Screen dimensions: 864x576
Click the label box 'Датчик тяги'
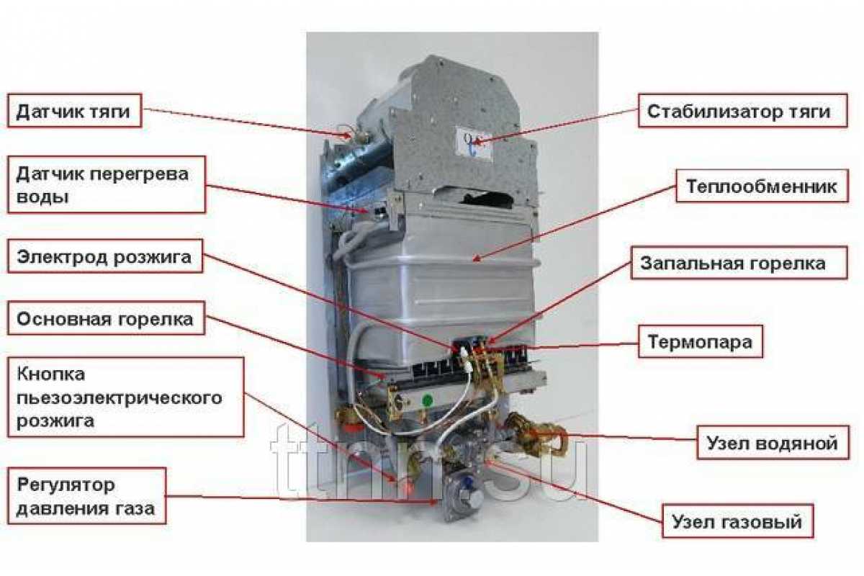[74, 110]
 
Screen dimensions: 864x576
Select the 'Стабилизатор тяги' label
[743, 110]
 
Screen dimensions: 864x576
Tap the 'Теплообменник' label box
[762, 186]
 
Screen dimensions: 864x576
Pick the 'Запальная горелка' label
[739, 263]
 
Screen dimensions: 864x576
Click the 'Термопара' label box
[701, 341]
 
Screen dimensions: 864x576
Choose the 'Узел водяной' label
[773, 443]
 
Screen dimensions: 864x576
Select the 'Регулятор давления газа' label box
[87, 496]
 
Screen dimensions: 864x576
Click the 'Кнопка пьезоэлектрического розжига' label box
[126, 397]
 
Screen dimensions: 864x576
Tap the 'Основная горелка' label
[106, 318]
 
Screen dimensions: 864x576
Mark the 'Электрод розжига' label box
[105, 256]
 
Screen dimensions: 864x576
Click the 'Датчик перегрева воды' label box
[107, 184]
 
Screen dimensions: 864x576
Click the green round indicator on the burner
[427, 400]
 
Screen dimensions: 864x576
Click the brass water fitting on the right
[538, 433]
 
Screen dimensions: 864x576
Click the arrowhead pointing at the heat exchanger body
[477, 259]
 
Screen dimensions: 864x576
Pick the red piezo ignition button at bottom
[407, 487]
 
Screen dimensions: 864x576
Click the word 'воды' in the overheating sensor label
[42, 197]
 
